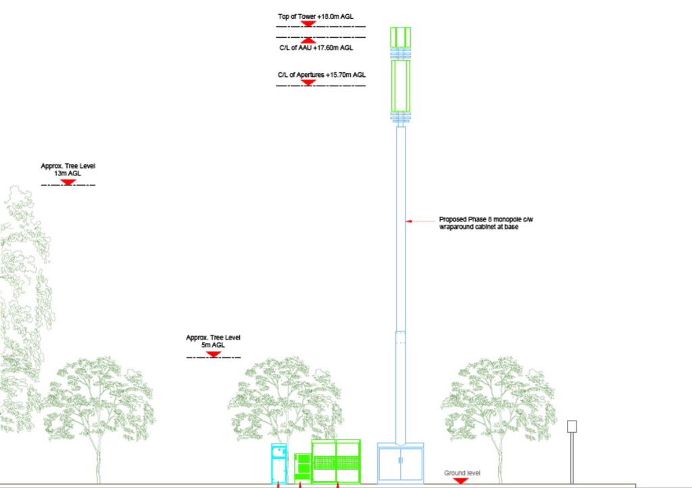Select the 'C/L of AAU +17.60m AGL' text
click(x=316, y=48)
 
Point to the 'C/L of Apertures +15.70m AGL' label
click(x=321, y=74)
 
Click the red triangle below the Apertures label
click(x=309, y=82)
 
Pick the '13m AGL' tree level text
click(x=67, y=173)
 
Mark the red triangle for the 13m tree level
click(x=67, y=182)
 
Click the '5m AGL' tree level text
click(x=213, y=345)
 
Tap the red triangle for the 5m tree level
click(x=213, y=353)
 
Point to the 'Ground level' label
click(x=462, y=473)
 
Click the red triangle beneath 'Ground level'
click(x=461, y=481)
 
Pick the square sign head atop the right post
click(x=572, y=426)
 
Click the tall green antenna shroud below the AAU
click(x=400, y=86)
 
